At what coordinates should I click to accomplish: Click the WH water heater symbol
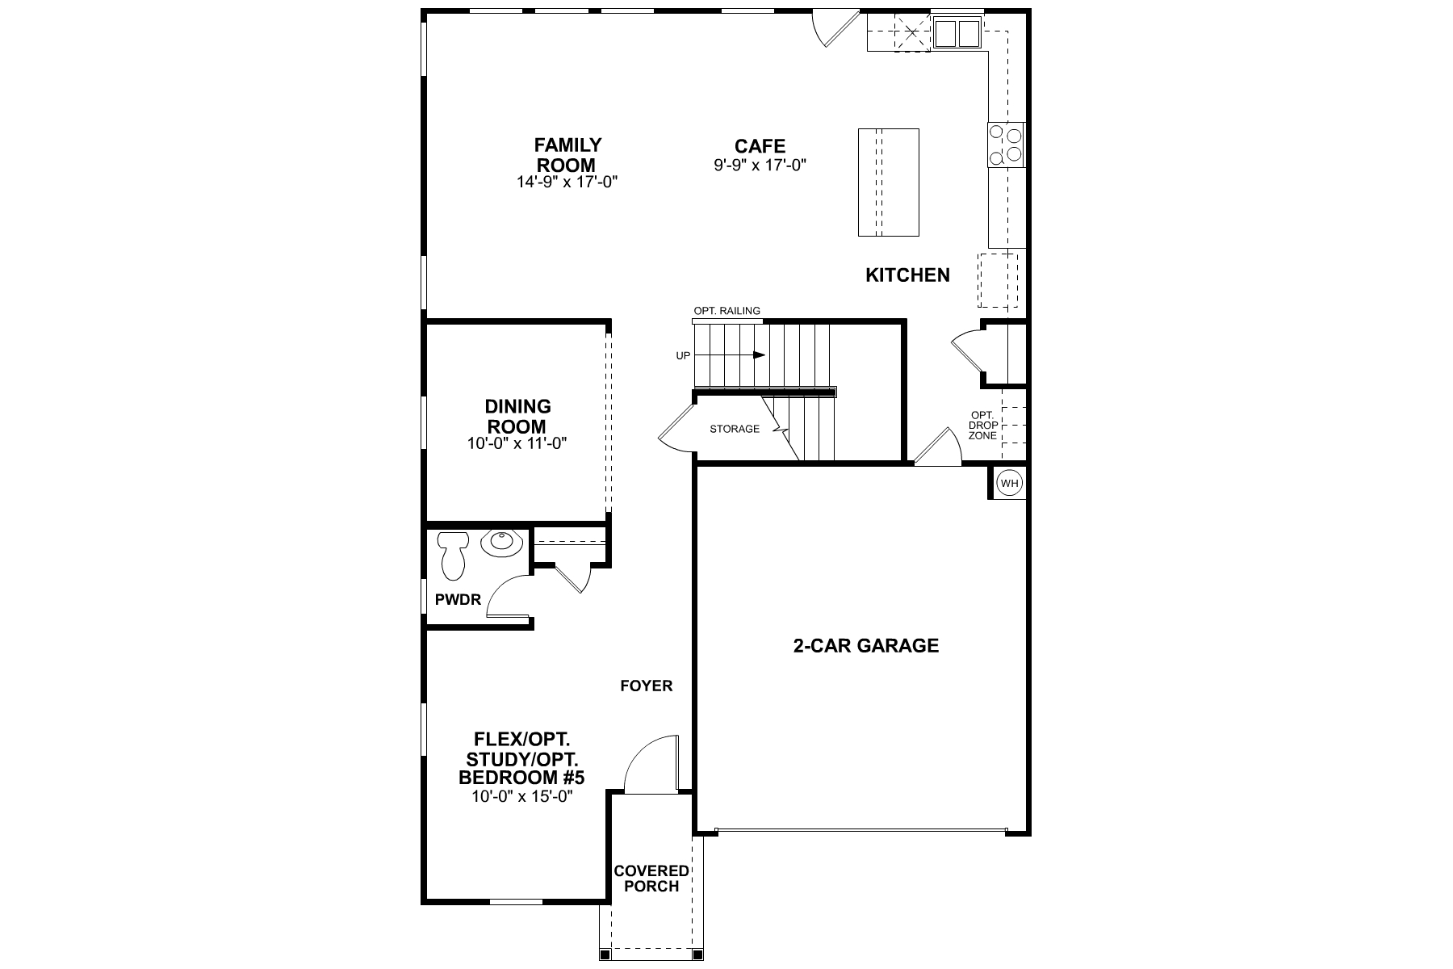[x=1010, y=483]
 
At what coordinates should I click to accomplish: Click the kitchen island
[x=888, y=182]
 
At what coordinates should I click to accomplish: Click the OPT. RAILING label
[x=726, y=311]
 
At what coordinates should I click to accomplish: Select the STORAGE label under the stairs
[x=735, y=429]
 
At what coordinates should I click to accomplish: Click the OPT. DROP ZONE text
[x=982, y=426]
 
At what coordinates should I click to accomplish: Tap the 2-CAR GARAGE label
[x=865, y=646]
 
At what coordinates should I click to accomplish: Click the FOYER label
[x=646, y=686]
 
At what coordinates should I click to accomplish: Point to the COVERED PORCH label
[x=651, y=879]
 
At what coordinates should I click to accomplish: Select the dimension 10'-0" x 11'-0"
[x=517, y=443]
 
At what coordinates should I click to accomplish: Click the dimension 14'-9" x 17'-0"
[x=567, y=182]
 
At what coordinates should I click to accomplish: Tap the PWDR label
[x=458, y=600]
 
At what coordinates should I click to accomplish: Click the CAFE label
[x=760, y=146]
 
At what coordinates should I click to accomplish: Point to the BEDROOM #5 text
[x=521, y=778]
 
